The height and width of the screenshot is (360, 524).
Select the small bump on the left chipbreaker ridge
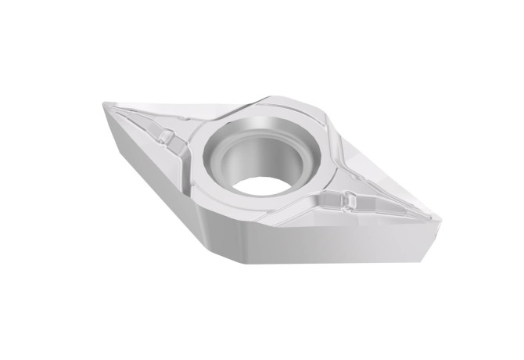coord(165,137)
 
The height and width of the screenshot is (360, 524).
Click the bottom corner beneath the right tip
coord(426,257)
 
